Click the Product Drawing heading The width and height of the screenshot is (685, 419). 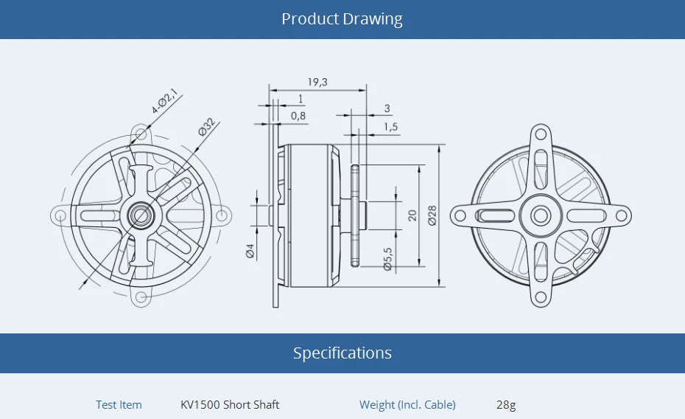(342, 19)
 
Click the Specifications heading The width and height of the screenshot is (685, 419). (342, 353)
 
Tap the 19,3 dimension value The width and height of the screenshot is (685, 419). (317, 82)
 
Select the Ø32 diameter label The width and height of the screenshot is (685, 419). (206, 126)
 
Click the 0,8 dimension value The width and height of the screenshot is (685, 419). (298, 116)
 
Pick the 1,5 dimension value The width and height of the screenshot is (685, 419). (390, 127)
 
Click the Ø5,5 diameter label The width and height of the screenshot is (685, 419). (388, 259)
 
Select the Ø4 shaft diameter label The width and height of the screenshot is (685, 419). (250, 251)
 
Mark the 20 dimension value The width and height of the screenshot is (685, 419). (412, 215)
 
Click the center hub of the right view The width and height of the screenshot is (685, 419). (540, 215)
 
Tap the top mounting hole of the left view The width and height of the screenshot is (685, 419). (140, 134)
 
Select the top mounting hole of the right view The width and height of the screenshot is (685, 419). (540, 135)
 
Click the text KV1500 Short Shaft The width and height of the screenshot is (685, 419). (230, 404)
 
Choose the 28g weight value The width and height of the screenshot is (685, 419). (506, 404)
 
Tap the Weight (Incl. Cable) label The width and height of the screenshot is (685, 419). (407, 404)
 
